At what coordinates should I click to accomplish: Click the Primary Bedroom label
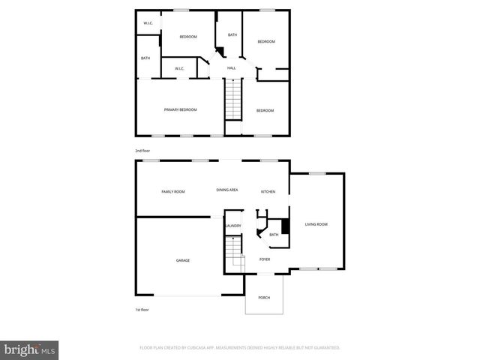tap(180, 110)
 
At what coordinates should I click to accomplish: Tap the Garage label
tap(183, 260)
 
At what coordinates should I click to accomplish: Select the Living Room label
tap(316, 224)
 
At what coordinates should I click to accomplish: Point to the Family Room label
tap(173, 191)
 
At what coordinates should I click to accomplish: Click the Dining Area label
tap(227, 190)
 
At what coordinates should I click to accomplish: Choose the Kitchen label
tap(268, 191)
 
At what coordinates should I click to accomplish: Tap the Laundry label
tap(232, 226)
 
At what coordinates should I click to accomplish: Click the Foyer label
tap(265, 259)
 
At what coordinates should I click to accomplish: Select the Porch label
tap(264, 298)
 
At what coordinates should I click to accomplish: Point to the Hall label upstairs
tap(232, 68)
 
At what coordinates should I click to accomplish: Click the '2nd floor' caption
tap(142, 151)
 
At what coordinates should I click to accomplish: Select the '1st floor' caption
tap(142, 309)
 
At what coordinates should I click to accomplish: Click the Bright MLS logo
tap(30, 349)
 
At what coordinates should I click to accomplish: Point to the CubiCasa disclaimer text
tap(240, 348)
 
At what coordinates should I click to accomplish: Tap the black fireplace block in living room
tap(284, 226)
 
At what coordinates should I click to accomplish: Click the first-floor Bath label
tap(274, 235)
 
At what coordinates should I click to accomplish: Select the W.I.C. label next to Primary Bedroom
tap(179, 69)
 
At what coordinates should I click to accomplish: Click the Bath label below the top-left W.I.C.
tap(145, 58)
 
